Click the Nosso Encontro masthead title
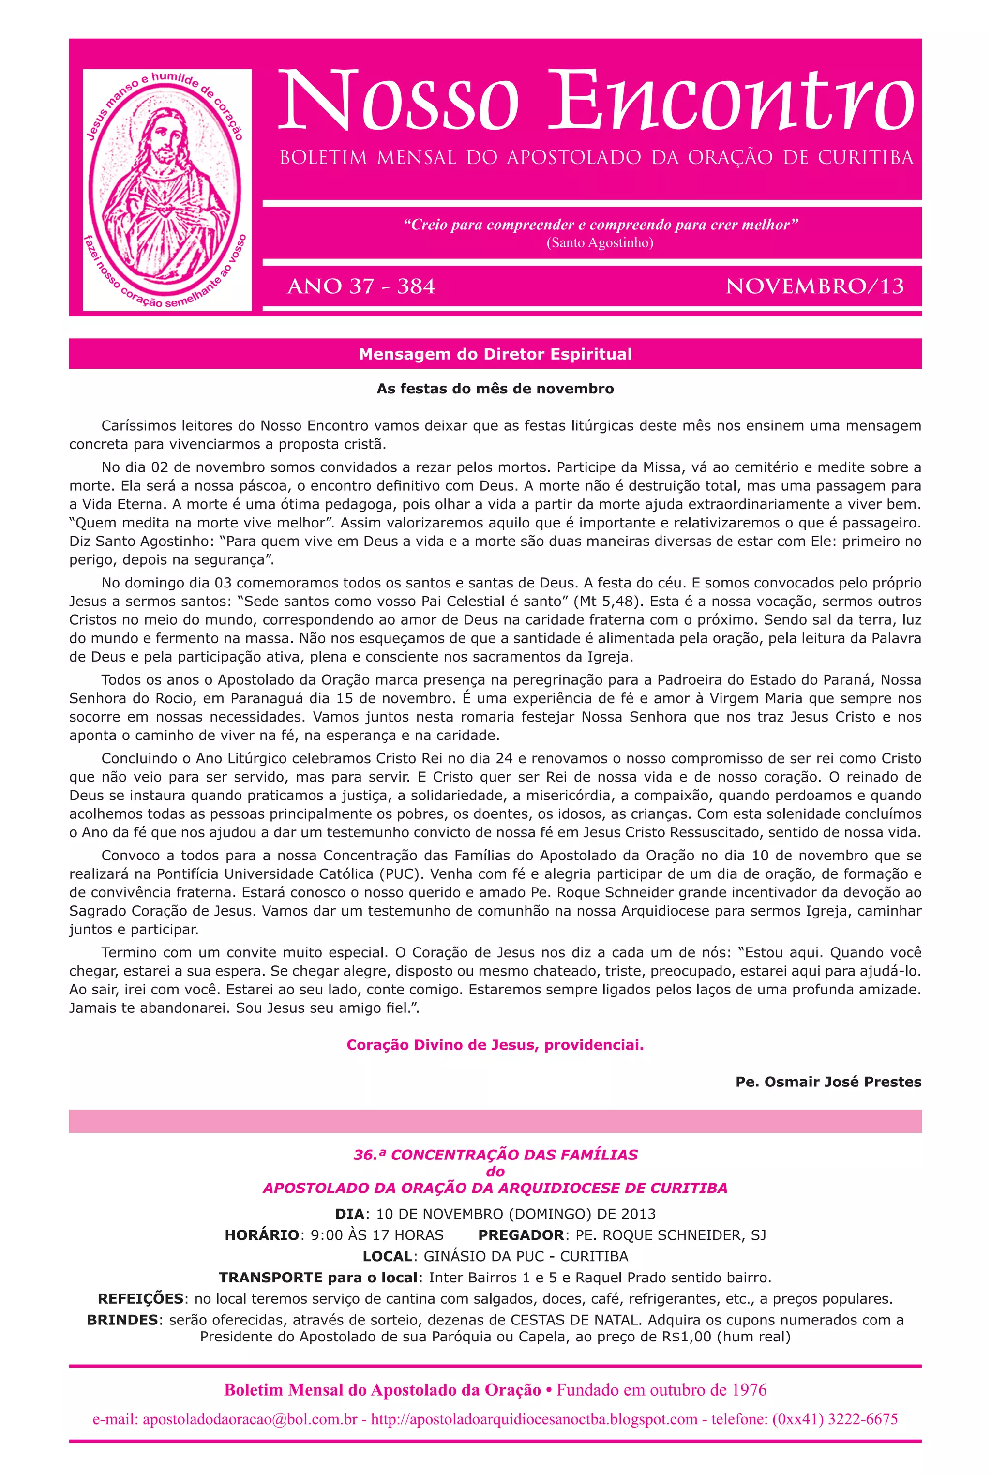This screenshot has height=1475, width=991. pyautogui.click(x=595, y=101)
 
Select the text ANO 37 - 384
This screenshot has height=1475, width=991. pyautogui.click(x=361, y=287)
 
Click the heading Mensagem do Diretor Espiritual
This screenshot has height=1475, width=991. pyautogui.click(x=495, y=354)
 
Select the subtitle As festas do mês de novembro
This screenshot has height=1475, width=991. pyautogui.click(x=495, y=389)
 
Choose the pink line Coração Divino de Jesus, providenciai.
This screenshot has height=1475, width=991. pyautogui.click(x=495, y=1045)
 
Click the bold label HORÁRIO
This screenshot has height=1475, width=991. pyautogui.click(x=262, y=1235)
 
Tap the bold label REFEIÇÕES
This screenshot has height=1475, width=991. pyautogui.click(x=140, y=1299)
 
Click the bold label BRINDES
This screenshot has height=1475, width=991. pyautogui.click(x=122, y=1320)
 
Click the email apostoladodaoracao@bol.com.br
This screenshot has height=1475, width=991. pyautogui.click(x=250, y=1419)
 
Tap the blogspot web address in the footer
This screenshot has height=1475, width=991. pyautogui.click(x=534, y=1419)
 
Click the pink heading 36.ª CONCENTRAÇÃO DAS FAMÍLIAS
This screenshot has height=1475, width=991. pyautogui.click(x=495, y=1155)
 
